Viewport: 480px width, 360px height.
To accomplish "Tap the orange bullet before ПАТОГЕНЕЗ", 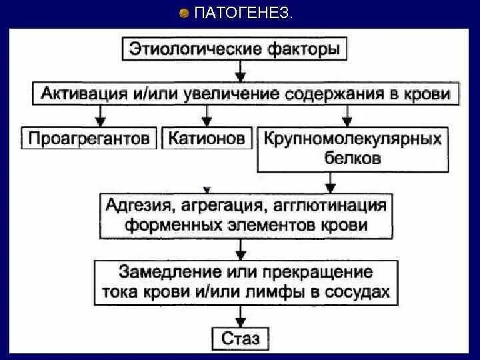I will click(185, 13).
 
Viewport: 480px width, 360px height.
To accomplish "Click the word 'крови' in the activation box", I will click(427, 93).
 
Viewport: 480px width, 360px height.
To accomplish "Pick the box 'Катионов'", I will click(207, 139).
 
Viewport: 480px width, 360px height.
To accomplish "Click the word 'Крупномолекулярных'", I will click(353, 139).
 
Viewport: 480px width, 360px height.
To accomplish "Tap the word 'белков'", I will click(353, 158).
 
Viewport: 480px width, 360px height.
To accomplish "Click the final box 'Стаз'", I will click(240, 337).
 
